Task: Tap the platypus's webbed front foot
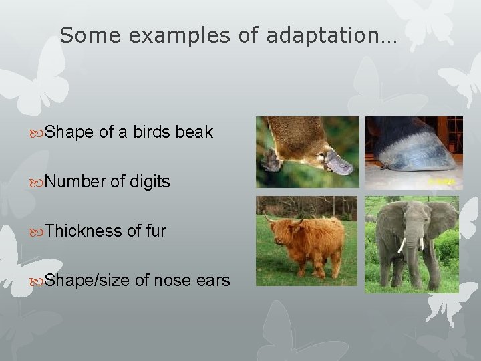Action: pos(271,160)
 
